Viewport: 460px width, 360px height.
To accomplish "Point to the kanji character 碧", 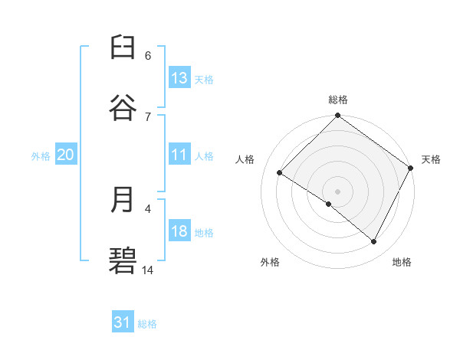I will pyautogui.click(x=123, y=260).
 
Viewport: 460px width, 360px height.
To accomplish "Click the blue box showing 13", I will pyautogui.click(x=179, y=77).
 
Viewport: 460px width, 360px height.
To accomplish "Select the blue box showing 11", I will pyautogui.click(x=179, y=155).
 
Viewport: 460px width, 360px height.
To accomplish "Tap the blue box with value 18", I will pyautogui.click(x=179, y=231).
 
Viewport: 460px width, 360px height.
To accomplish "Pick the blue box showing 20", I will pyautogui.click(x=65, y=155).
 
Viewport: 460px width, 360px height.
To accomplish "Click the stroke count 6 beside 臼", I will pyautogui.click(x=148, y=55).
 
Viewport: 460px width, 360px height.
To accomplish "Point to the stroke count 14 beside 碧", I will pyautogui.click(x=148, y=270).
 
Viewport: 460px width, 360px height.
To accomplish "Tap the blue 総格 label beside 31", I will pyautogui.click(x=147, y=324).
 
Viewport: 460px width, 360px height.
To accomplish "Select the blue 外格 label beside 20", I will pyautogui.click(x=41, y=156).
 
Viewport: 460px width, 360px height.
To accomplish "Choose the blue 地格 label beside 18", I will pyautogui.click(x=204, y=233).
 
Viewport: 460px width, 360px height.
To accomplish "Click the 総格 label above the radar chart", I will pyautogui.click(x=338, y=100).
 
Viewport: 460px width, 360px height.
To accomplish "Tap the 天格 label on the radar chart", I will pyautogui.click(x=431, y=159).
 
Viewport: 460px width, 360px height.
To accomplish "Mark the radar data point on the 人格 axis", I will pyautogui.click(x=280, y=173).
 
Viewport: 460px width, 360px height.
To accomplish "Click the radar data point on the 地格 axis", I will pyautogui.click(x=374, y=242).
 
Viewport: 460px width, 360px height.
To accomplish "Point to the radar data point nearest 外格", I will pyautogui.click(x=329, y=204).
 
